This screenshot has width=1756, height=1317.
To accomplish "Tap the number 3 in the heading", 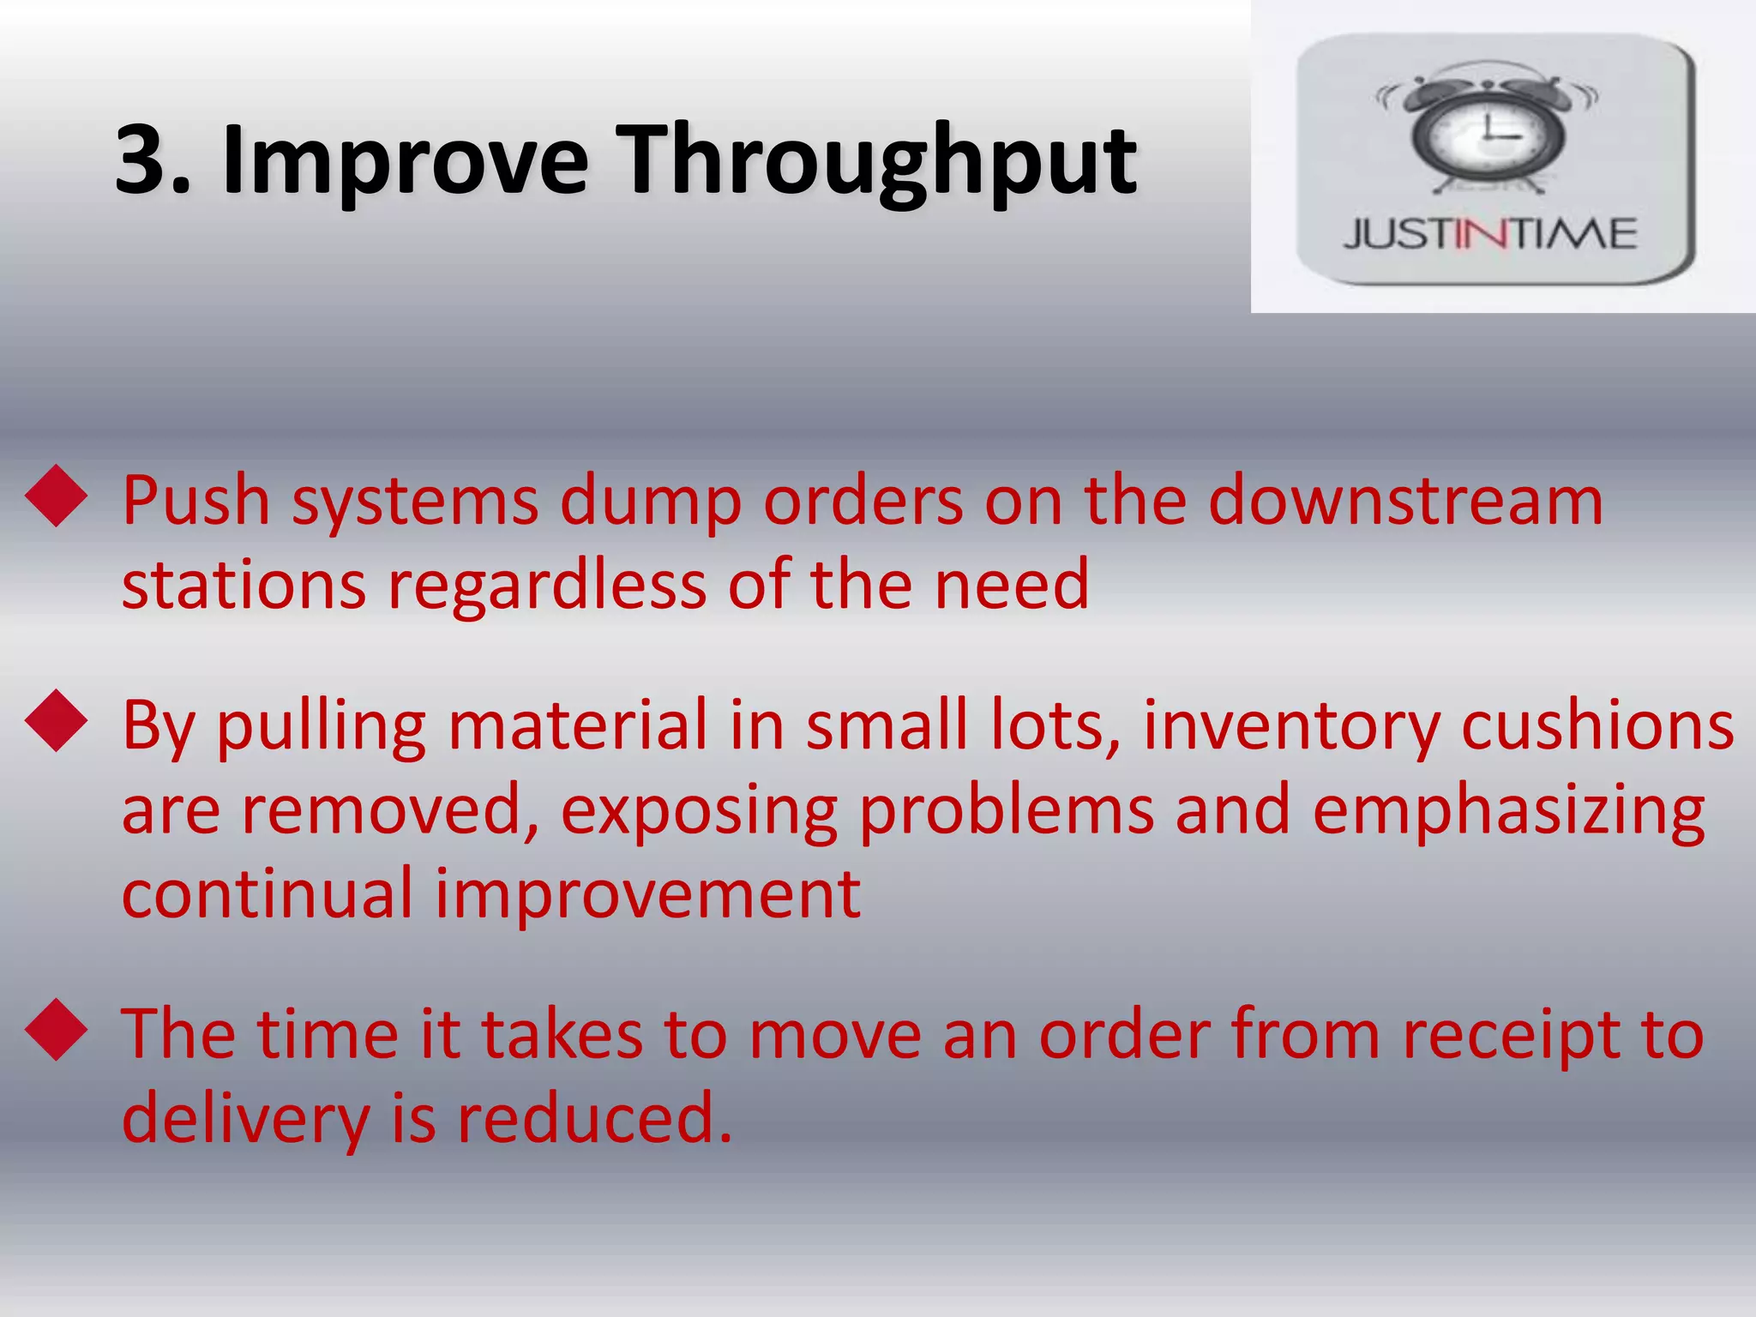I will click(141, 159).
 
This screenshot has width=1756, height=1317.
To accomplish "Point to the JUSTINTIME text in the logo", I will click(1490, 234).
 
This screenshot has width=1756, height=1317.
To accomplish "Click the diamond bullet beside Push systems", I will click(57, 495).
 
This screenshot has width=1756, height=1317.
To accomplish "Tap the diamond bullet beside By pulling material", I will click(57, 720).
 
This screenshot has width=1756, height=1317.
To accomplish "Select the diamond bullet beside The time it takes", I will click(57, 1029).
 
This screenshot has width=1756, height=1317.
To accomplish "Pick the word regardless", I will click(547, 585).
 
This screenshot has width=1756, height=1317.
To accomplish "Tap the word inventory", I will click(1292, 725).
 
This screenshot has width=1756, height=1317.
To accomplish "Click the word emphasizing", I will click(1508, 810).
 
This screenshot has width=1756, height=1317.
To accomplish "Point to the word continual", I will click(268, 893).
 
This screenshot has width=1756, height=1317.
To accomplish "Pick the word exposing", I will click(699, 811).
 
